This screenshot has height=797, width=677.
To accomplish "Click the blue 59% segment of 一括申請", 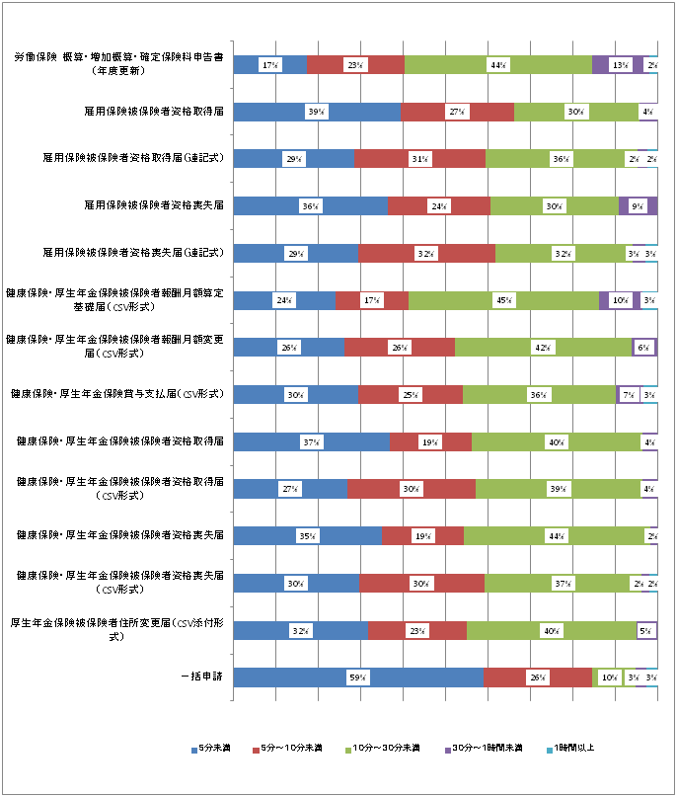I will click(357, 677).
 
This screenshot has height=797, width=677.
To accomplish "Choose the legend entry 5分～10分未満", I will click(295, 748).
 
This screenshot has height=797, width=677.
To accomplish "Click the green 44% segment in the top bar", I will click(497, 64).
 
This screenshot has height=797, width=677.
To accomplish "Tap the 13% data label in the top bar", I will click(620, 64).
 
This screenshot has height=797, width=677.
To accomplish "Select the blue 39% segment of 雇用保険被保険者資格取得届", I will click(316, 112).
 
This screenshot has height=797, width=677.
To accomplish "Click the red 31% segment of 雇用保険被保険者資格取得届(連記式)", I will click(419, 159).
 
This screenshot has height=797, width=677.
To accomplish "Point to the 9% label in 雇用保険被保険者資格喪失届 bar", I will click(637, 206).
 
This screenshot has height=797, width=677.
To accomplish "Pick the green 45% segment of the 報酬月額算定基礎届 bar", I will click(503, 301).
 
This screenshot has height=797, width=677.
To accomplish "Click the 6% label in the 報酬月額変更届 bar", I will click(642, 348).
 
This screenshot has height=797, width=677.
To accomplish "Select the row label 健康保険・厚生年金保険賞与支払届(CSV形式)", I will click(117, 394).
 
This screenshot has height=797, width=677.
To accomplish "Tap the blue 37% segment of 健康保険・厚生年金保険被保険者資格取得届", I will click(311, 441).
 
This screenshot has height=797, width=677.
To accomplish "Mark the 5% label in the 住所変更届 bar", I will click(645, 630).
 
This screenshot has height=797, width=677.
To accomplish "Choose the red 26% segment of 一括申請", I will click(537, 677).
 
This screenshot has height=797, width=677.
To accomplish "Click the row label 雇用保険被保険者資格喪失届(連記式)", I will click(131, 253).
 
